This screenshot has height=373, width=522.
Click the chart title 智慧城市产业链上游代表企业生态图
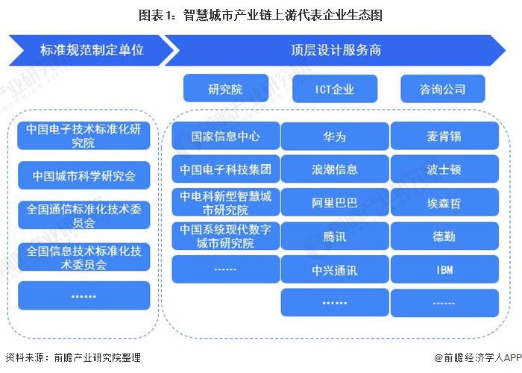(260, 14)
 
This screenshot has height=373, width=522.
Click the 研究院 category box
(225, 90)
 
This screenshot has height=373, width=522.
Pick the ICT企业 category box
(334, 90)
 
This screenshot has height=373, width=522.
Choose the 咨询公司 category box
(443, 90)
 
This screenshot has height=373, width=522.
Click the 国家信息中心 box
(225, 137)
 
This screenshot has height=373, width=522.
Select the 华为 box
(334, 137)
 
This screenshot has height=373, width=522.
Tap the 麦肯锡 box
(444, 137)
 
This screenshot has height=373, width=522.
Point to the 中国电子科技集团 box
(225, 169)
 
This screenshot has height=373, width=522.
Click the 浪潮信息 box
(334, 169)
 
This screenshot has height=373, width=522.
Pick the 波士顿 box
(444, 169)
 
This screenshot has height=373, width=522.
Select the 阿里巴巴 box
(334, 202)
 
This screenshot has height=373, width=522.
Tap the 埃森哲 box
(444, 202)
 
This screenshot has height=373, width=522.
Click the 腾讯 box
(334, 236)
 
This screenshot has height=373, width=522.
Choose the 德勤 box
(444, 236)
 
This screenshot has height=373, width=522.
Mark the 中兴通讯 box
(334, 269)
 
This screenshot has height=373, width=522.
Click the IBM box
(444, 269)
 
